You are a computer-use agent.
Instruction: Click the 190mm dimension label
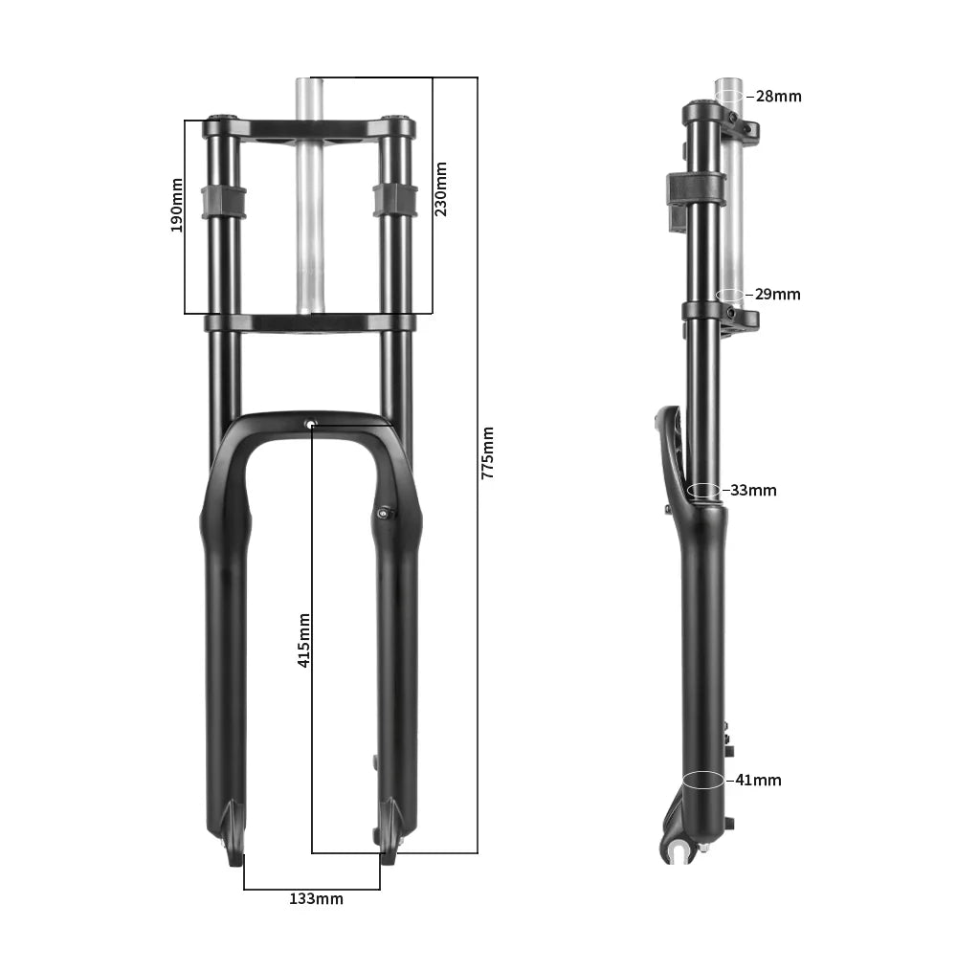click(x=176, y=205)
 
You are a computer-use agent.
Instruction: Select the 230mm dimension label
click(x=441, y=188)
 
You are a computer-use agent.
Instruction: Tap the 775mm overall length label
click(x=488, y=452)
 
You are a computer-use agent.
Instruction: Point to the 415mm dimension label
click(x=303, y=640)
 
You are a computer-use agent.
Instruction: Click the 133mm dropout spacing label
click(x=316, y=899)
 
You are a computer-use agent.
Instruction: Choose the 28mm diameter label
click(x=778, y=97)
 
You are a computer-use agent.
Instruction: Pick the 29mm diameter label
click(x=777, y=295)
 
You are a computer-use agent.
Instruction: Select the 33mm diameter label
click(x=753, y=491)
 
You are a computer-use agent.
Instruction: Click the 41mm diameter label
click(x=758, y=781)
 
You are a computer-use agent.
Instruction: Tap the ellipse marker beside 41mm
click(x=703, y=780)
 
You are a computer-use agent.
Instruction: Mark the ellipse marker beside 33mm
click(x=704, y=490)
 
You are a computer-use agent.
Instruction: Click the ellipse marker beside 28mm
click(x=729, y=96)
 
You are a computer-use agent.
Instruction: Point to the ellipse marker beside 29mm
click(x=729, y=295)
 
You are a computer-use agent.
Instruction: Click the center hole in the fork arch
click(x=310, y=424)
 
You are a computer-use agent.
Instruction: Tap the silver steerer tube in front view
click(x=310, y=230)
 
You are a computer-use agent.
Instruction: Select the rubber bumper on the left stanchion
click(x=223, y=202)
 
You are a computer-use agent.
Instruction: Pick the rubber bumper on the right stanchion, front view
click(x=395, y=200)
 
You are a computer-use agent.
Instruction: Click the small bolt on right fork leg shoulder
click(x=384, y=514)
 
